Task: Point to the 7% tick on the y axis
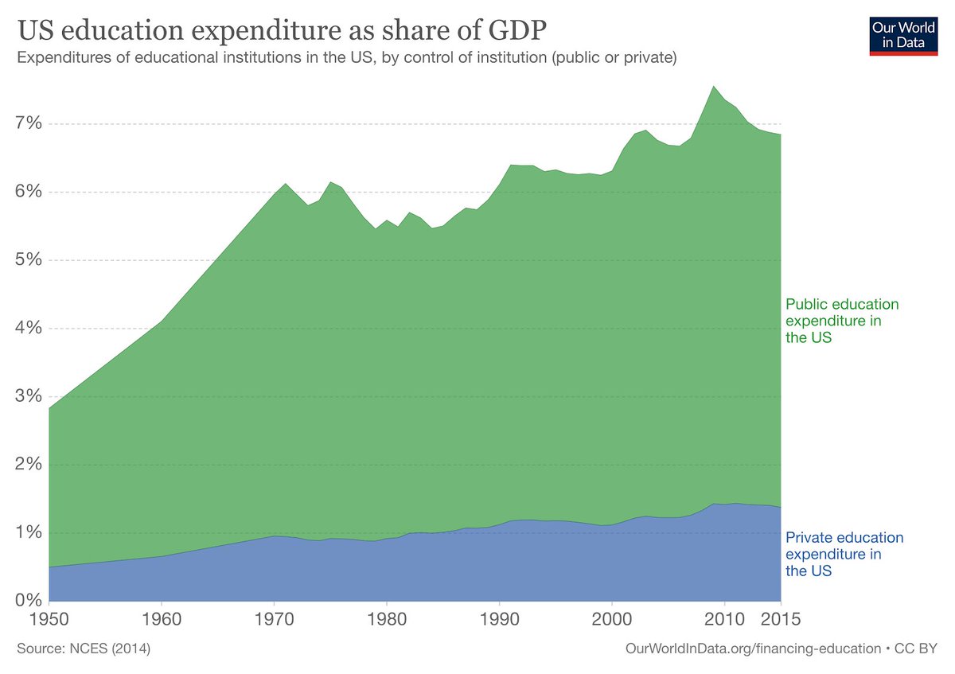click(26, 124)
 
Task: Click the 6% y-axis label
click(26, 193)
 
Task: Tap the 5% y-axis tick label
click(26, 261)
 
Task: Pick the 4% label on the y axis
click(26, 329)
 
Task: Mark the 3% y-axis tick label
click(26, 396)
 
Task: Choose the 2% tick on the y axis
click(26, 465)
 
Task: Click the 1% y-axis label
click(26, 532)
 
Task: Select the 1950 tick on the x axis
click(49, 618)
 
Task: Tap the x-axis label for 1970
click(275, 618)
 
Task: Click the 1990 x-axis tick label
click(499, 618)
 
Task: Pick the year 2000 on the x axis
click(612, 618)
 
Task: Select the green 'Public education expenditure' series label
click(841, 321)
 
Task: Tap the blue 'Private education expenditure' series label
click(844, 554)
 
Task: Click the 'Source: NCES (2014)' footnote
click(82, 649)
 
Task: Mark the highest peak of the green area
click(713, 86)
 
